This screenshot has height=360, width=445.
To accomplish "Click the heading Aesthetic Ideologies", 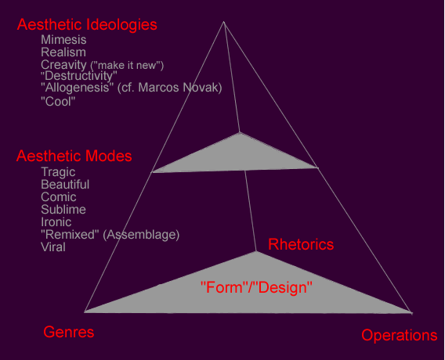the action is click(x=87, y=25).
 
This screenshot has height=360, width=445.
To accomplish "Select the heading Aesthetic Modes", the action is click(x=74, y=156).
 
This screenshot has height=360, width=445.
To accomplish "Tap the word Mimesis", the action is click(x=63, y=40).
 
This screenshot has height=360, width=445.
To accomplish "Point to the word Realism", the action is click(x=63, y=52).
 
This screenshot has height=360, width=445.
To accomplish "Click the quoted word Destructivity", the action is click(x=79, y=76).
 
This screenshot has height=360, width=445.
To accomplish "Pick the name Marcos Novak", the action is click(x=179, y=88).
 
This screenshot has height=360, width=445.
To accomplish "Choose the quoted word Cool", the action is click(x=58, y=101).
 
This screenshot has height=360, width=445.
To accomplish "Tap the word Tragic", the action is click(x=58, y=172).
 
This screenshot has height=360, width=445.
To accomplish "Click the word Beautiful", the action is click(x=65, y=185).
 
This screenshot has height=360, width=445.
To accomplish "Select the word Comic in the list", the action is click(x=59, y=197).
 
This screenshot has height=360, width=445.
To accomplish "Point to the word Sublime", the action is click(x=63, y=210).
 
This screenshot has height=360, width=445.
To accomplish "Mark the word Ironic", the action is click(x=56, y=222).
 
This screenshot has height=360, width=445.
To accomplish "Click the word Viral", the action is click(x=53, y=247).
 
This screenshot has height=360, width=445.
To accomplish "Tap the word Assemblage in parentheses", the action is click(x=141, y=235).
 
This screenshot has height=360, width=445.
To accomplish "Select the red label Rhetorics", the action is click(x=301, y=244).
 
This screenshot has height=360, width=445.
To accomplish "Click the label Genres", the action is click(x=69, y=332).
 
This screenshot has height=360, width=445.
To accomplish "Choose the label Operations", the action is click(x=400, y=335).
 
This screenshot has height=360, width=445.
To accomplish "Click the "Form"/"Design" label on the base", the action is click(x=256, y=287).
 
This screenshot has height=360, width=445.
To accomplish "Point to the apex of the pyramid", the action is click(x=223, y=22).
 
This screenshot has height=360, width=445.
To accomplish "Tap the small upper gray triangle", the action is click(x=237, y=157).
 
